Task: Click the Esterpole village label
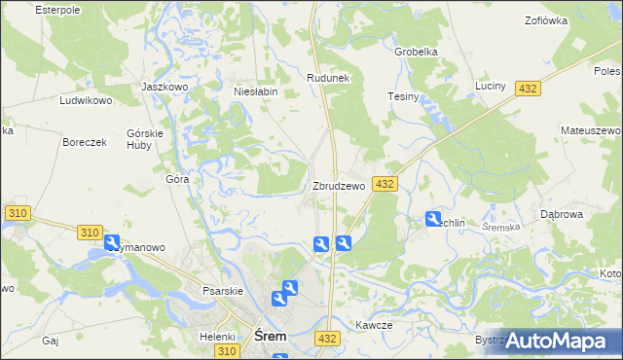point(55,10)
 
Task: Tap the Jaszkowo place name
point(164,87)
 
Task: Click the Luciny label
point(490,87)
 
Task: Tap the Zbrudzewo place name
point(339,186)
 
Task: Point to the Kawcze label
point(373,326)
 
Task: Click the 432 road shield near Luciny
point(528,89)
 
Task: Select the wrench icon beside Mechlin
point(433,220)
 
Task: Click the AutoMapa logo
point(560,341)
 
